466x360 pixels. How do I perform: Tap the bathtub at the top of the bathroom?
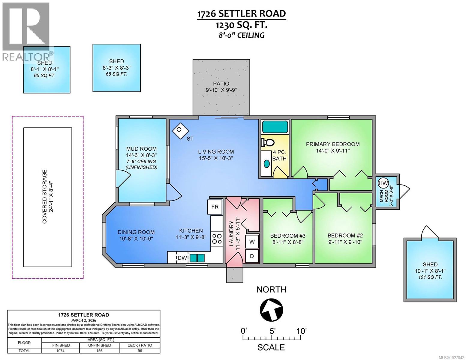coord(275,127)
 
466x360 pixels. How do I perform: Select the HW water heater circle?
coord(383,183)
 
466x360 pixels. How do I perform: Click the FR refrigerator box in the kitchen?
coord(215,207)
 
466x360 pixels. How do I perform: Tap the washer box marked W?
coord(252,241)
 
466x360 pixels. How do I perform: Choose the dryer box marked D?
coord(252,256)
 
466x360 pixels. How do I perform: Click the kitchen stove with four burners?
coord(217,238)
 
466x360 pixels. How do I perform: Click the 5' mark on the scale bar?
coord(272,331)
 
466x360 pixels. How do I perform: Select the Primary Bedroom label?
coord(332,144)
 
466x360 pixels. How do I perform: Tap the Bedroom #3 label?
coord(287,235)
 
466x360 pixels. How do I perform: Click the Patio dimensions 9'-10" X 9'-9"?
coord(221,90)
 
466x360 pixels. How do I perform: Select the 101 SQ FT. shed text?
coord(430,277)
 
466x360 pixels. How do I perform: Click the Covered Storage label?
coord(44,197)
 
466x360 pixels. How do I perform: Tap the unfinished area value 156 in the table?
coord(99,351)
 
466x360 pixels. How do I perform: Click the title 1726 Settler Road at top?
coord(241,14)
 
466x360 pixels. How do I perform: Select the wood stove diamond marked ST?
coord(180,131)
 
